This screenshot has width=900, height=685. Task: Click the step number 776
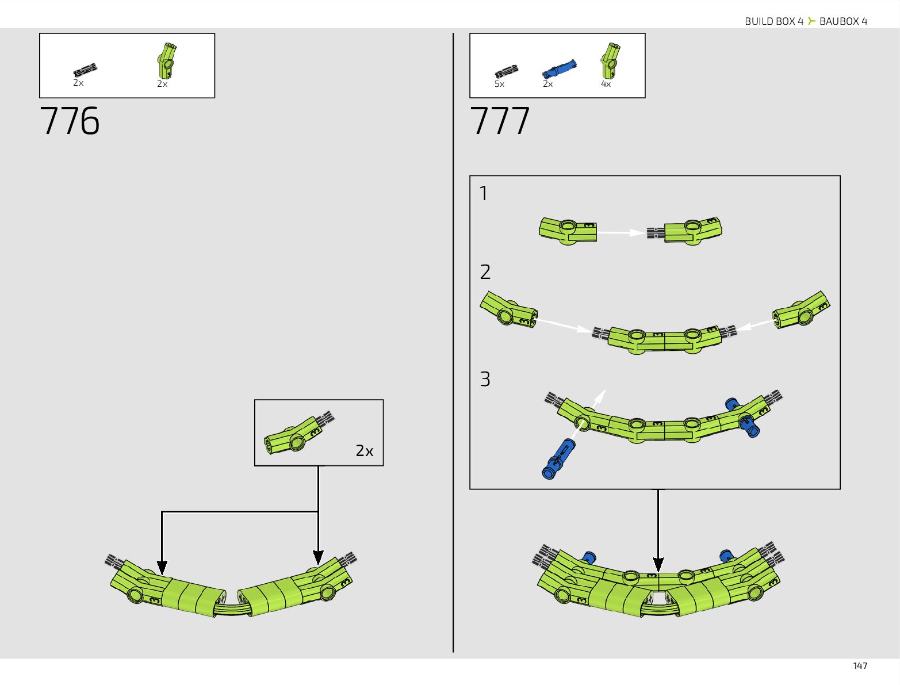70,121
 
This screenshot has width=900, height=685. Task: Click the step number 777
500,121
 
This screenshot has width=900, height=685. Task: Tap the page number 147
860,665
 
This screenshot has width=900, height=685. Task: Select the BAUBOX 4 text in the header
843,21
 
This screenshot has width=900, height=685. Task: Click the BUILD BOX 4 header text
773,21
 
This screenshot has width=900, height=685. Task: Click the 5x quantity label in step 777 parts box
499,84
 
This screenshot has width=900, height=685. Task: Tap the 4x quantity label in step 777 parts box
606,84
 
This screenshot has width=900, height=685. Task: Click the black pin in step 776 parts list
85,70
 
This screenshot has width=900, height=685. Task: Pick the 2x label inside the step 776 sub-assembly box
364,451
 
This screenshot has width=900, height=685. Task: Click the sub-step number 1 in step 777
484,194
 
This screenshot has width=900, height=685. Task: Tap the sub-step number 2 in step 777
485,272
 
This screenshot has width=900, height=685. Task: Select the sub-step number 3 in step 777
485,380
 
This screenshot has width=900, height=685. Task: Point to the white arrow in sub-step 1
622,232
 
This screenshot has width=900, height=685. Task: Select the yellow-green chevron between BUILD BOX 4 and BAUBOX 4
811,21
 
